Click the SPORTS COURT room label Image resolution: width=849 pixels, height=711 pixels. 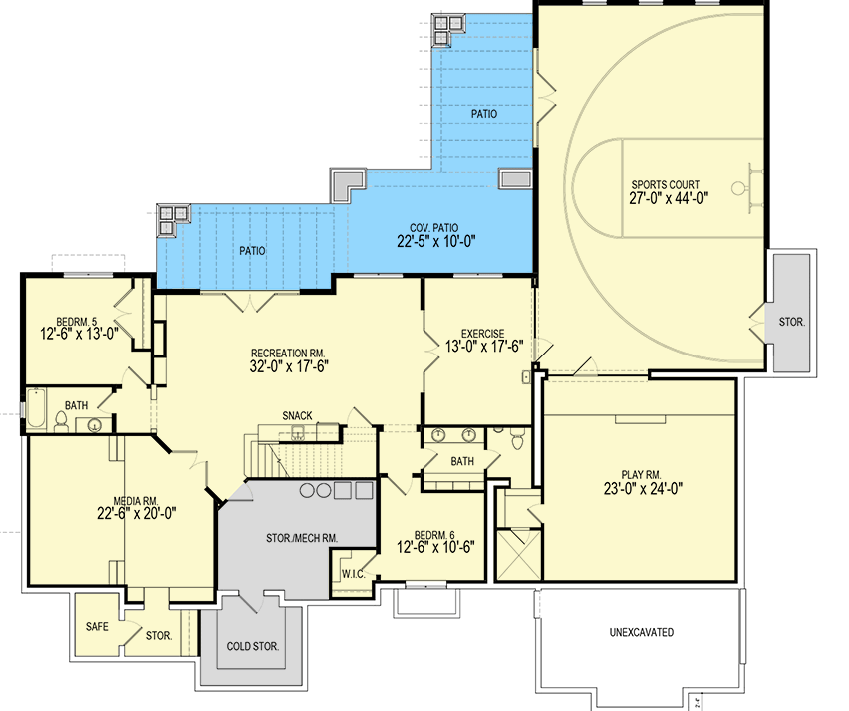coord(664,184)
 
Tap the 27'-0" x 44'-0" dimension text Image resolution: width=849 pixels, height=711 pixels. coord(665,199)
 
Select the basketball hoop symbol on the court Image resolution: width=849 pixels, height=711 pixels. coord(739,188)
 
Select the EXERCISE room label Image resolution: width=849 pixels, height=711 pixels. coord(481,333)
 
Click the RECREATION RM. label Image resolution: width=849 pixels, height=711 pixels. coord(290,353)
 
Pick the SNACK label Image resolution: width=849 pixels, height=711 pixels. coord(297,415)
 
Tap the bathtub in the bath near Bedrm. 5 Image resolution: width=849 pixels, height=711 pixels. coord(35,409)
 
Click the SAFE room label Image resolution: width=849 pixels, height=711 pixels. coord(98,626)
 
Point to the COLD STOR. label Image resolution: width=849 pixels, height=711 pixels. coord(252,646)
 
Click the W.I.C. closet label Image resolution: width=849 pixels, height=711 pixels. coord(352,575)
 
